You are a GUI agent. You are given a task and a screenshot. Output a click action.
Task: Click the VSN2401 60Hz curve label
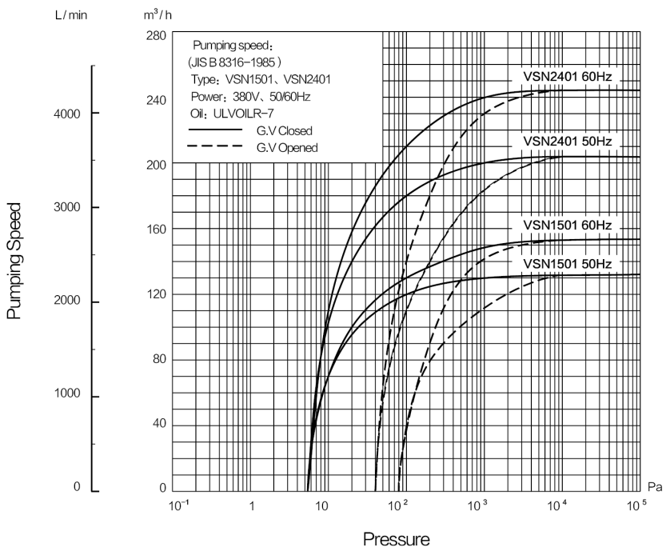pos(568,77)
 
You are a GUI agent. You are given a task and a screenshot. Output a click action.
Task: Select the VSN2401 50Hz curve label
pos(568,141)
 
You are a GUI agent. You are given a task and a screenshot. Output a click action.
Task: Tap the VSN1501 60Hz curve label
pos(568,226)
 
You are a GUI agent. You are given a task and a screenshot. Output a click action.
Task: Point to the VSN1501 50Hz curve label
pos(568,264)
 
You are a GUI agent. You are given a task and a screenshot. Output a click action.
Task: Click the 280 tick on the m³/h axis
pos(156,35)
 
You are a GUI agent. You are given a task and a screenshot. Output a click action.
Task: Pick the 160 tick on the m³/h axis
pos(156,230)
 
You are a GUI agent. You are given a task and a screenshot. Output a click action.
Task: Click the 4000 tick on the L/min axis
pos(67,114)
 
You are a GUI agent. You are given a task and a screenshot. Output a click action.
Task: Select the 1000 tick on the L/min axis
pos(67,393)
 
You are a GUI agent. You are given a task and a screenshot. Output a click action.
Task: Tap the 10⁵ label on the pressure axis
pos(636,505)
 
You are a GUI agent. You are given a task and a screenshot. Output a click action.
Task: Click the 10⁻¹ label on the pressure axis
pos(178,505)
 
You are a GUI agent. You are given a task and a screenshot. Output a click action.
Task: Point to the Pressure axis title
pos(396,539)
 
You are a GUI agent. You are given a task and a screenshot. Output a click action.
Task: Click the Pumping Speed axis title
pos(14,261)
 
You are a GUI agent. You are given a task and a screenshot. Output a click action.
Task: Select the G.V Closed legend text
pos(284,130)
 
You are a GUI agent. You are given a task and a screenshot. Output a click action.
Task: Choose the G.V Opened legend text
pos(287,148)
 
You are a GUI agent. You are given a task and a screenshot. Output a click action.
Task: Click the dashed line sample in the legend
pos(215,146)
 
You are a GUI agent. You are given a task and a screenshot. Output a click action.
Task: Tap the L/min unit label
pos(71,15)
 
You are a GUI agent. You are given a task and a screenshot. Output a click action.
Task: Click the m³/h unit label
pos(158,15)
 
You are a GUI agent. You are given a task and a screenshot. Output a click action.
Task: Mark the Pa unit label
pos(655,487)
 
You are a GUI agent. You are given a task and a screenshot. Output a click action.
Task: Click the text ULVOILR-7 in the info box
pos(243,114)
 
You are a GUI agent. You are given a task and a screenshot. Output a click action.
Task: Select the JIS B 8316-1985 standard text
pos(234,62)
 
